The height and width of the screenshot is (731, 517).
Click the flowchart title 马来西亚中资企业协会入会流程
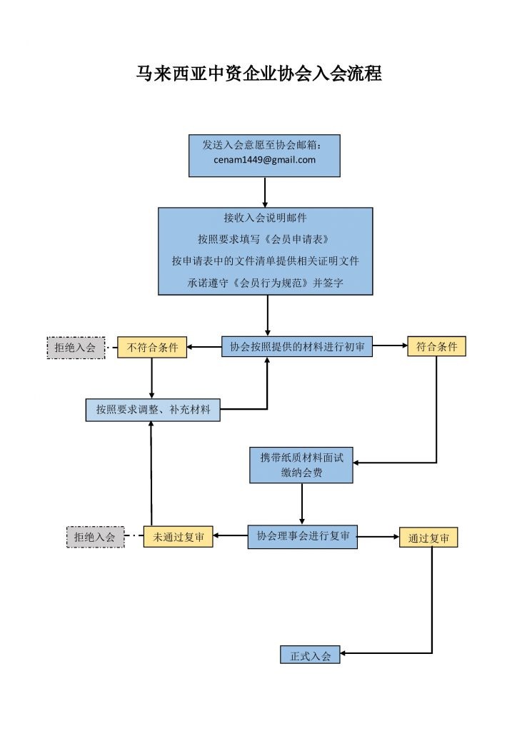(258, 74)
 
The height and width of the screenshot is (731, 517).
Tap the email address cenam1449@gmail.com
(264, 160)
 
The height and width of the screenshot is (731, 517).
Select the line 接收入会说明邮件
(265, 217)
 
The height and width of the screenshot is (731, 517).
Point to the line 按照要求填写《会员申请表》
(265, 238)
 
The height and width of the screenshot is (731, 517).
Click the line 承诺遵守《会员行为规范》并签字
(265, 283)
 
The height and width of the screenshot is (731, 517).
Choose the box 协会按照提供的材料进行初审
(296, 347)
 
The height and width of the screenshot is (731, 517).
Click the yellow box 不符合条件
(152, 348)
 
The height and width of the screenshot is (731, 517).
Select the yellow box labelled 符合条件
(436, 347)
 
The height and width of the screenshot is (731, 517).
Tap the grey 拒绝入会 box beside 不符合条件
(76, 348)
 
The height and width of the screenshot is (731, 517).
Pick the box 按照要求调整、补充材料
(152, 410)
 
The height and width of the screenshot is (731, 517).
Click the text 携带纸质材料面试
(301, 458)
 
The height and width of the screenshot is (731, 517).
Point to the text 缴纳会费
(301, 473)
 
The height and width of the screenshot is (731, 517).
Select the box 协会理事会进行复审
(302, 536)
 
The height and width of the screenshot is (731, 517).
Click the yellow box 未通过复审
(178, 537)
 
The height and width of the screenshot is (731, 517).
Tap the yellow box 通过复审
(428, 538)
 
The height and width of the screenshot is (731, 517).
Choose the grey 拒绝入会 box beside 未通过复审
(95, 537)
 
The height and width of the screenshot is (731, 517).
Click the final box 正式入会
(310, 655)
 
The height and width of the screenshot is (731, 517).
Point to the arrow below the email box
(265, 192)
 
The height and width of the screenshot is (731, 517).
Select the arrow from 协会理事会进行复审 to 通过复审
(378, 536)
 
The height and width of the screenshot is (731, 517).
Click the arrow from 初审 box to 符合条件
(390, 347)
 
